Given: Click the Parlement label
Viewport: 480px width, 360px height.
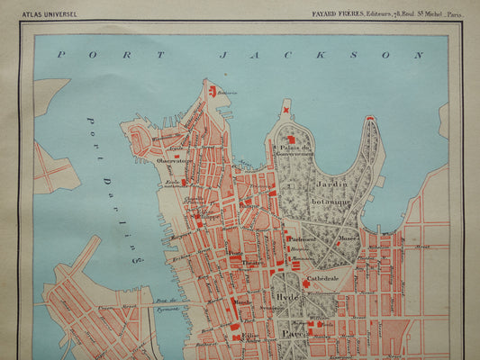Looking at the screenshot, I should click(x=303, y=239).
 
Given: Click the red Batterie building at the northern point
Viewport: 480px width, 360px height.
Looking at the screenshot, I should click(x=213, y=91).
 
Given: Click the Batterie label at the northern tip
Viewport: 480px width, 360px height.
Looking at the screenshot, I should click(x=229, y=92).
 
